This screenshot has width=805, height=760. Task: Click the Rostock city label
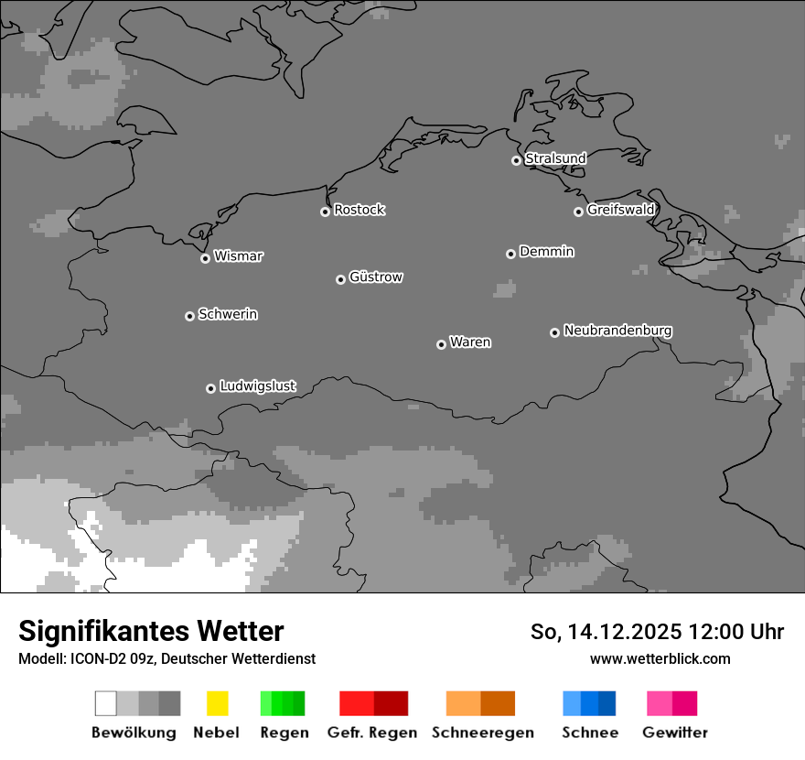(x=359, y=210)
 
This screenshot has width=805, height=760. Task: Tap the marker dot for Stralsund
(x=516, y=160)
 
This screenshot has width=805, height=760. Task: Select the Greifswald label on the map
(x=620, y=210)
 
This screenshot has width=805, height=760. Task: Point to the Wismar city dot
(x=205, y=258)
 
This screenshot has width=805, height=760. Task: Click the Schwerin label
(x=228, y=314)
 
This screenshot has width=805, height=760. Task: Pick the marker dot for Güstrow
(x=340, y=279)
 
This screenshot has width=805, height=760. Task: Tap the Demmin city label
(x=546, y=251)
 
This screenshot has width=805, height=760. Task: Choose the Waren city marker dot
(x=441, y=344)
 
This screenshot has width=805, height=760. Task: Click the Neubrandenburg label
(x=617, y=331)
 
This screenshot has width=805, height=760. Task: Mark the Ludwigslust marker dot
(x=210, y=388)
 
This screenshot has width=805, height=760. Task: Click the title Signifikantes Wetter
(x=151, y=632)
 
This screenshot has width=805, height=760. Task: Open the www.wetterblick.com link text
(x=660, y=658)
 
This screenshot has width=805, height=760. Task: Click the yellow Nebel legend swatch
(x=217, y=703)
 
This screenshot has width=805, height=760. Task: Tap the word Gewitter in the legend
(x=675, y=733)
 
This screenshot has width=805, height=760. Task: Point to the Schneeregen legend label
(x=483, y=733)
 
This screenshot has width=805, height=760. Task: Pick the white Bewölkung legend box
(x=105, y=703)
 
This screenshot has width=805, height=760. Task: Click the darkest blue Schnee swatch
(x=607, y=703)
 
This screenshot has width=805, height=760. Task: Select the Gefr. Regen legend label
(x=372, y=733)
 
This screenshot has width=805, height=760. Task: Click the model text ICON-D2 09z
(x=116, y=658)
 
